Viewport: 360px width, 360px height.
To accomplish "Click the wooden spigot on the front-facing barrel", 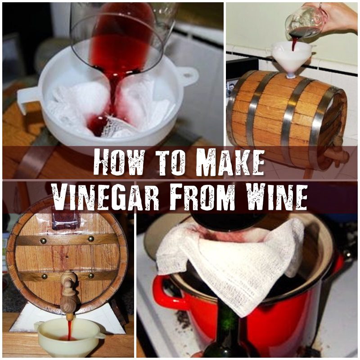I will click(69, 288).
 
